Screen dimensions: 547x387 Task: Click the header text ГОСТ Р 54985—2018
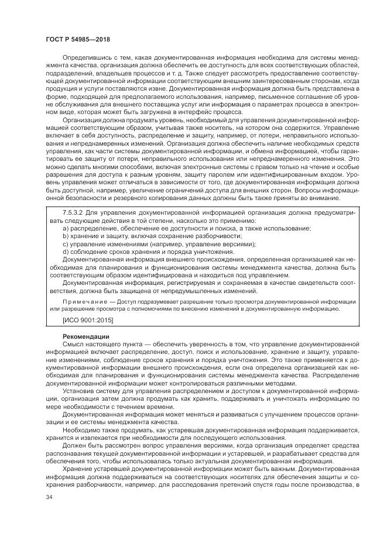[77, 39]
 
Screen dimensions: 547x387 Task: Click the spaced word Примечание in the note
[83, 301]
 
